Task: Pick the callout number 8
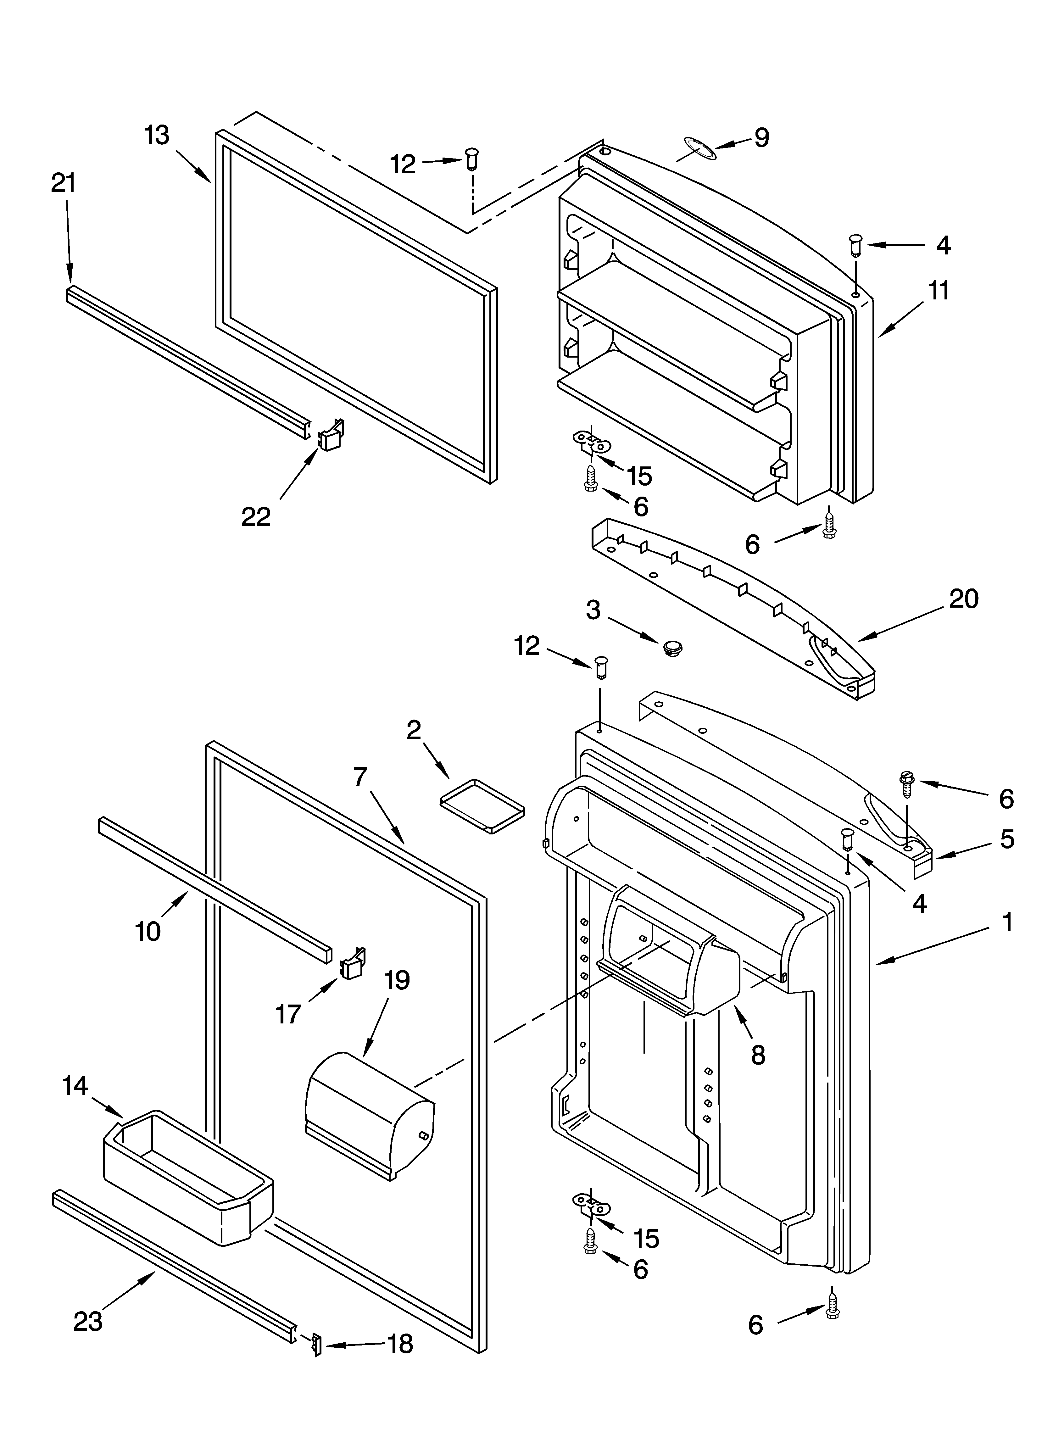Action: tap(758, 1055)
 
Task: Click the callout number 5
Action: tap(1007, 839)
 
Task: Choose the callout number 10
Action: tap(148, 931)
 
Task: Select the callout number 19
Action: tap(397, 980)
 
